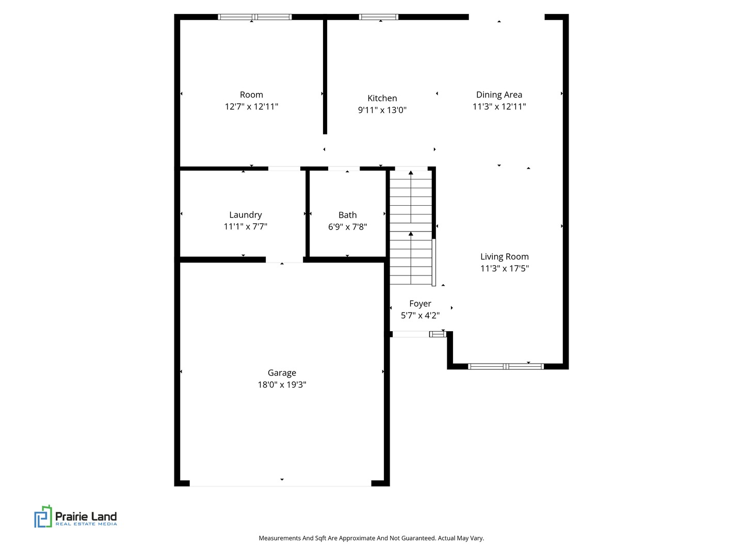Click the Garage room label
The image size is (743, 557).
(x=282, y=373)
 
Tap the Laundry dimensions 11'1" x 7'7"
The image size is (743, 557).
(x=245, y=226)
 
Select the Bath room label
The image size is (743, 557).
(x=347, y=215)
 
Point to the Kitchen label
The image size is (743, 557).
(x=382, y=98)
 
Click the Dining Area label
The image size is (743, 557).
(x=498, y=95)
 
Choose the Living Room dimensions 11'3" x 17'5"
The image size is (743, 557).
(x=504, y=268)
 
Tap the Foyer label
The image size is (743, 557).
(x=419, y=304)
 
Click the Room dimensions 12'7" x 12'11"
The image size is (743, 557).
(x=251, y=107)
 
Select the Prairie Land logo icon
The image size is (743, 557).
(x=43, y=516)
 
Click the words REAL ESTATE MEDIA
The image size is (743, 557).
(x=86, y=524)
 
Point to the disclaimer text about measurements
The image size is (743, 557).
(x=371, y=538)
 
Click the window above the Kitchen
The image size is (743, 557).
(x=378, y=17)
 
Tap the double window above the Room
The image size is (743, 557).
(x=254, y=17)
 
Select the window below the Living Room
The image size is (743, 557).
(x=506, y=367)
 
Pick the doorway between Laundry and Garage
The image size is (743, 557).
(x=284, y=260)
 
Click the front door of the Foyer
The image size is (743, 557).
(x=419, y=334)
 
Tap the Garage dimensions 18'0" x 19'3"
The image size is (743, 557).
(x=282, y=385)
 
